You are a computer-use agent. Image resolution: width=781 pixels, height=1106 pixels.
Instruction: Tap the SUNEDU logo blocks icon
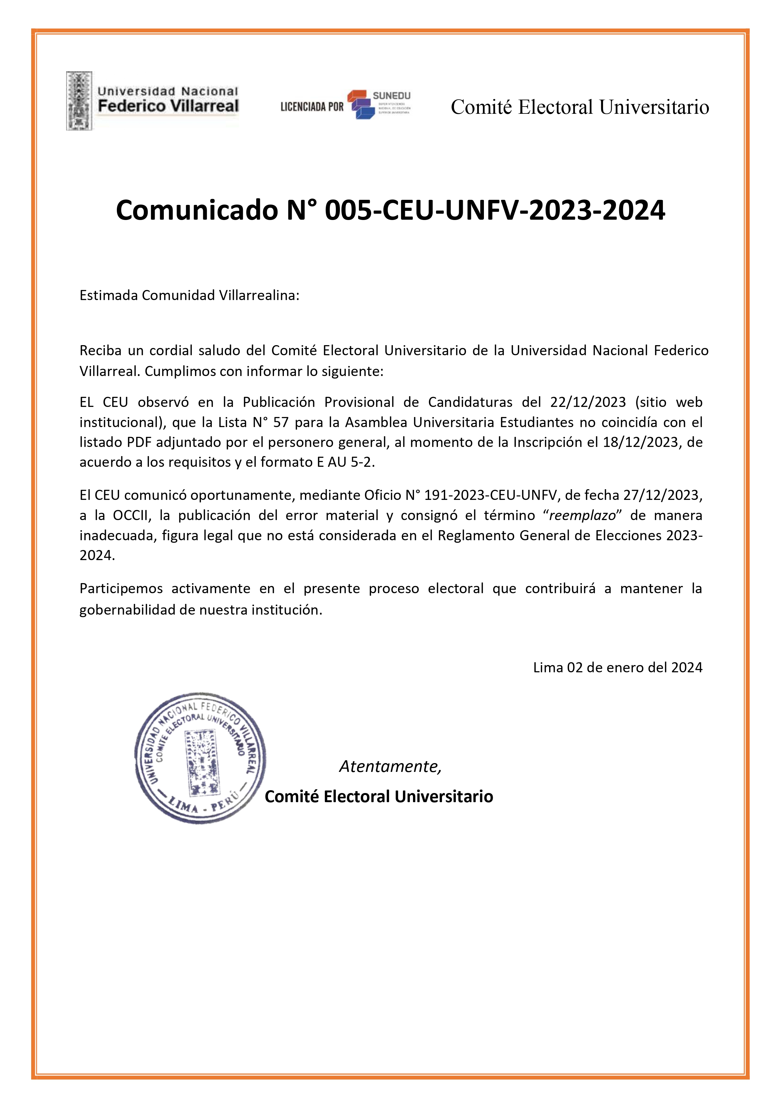(x=361, y=105)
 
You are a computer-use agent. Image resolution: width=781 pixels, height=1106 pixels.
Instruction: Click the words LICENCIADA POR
(x=312, y=107)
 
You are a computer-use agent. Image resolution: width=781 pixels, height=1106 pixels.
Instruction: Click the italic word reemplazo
(x=582, y=515)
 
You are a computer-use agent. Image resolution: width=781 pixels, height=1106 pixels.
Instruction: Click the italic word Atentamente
(x=390, y=766)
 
